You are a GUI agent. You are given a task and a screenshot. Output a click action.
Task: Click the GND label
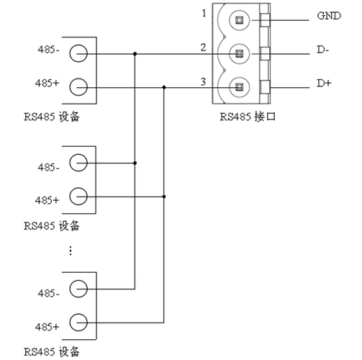coord(327,16)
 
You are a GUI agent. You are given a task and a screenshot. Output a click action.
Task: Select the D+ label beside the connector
coord(324,84)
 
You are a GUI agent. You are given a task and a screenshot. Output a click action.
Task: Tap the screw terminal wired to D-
coord(238,53)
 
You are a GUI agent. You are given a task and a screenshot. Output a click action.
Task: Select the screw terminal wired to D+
coord(238,88)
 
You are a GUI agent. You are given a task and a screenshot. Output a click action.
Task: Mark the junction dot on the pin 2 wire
coord(135,53)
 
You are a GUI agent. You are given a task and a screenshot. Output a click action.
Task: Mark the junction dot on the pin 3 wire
coord(165,88)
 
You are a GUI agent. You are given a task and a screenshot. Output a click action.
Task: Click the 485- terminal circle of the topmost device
coord(78,53)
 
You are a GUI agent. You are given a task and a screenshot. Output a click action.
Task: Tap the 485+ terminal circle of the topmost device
coord(78,88)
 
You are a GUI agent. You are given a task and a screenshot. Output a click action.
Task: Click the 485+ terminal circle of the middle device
coord(78,197)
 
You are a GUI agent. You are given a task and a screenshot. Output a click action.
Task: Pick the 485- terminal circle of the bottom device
coord(78,287)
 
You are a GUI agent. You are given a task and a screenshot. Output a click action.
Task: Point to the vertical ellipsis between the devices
coord(71,250)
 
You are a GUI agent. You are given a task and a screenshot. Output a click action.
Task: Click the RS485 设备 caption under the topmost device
coord(50,117)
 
